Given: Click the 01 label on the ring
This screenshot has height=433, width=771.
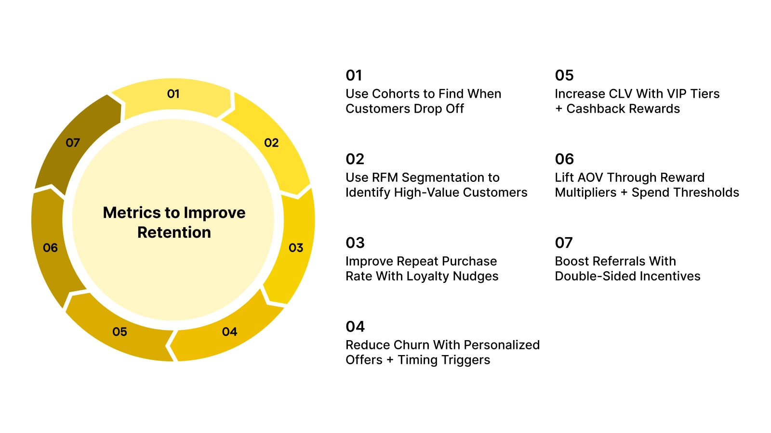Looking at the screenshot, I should click(173, 94).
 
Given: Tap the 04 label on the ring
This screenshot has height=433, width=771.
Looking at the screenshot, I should click(229, 332).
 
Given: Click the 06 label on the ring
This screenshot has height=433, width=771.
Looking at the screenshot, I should click(50, 248).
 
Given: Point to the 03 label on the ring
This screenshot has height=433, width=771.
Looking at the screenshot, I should click(296, 248).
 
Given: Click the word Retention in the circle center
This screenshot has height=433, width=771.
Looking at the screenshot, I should click(174, 232).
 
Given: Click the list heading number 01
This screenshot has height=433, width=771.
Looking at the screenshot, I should click(354, 76).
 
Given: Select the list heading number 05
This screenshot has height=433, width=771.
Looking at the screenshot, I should click(564, 76).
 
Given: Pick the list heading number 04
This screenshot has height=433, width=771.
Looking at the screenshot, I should click(355, 327).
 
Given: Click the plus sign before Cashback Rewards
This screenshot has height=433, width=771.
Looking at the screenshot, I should click(559, 109).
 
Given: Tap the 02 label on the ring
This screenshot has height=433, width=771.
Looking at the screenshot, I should click(271, 143).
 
